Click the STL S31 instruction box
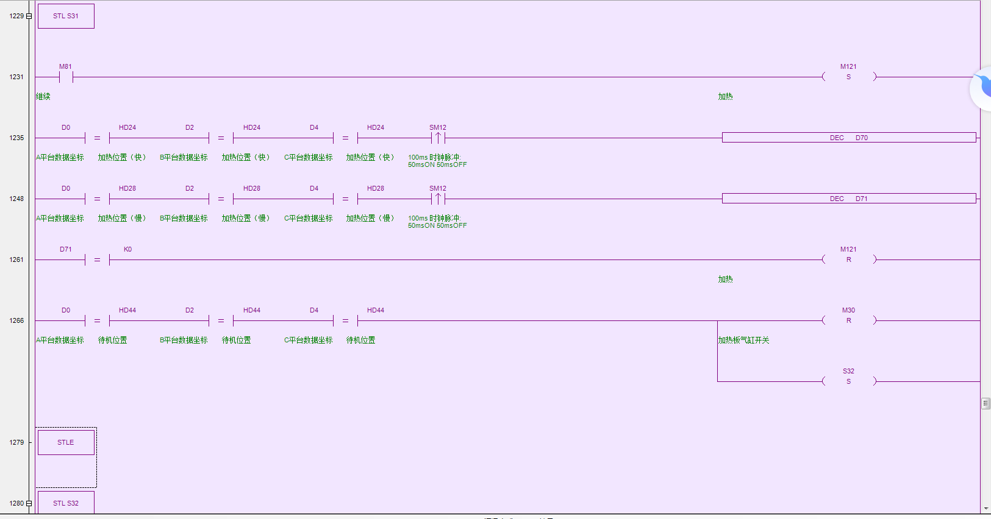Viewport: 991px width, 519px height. click(66, 16)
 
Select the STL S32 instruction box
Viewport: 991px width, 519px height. click(66, 503)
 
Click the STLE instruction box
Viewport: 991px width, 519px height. click(66, 442)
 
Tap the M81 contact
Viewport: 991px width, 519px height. click(66, 77)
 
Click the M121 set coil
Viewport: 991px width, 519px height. click(848, 77)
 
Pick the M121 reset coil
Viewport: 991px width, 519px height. click(848, 259)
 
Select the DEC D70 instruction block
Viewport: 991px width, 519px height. click(848, 138)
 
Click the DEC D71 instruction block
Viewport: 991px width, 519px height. click(848, 199)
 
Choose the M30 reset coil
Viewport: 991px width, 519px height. click(848, 320)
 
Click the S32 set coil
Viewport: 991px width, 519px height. click(848, 381)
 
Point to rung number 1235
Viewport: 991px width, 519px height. click(16, 138)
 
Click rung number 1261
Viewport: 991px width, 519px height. click(16, 259)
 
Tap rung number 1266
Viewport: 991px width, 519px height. click(16, 320)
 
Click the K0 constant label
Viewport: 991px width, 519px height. click(127, 249)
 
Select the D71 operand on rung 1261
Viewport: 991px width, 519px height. click(66, 249)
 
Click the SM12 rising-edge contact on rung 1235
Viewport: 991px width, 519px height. click(438, 138)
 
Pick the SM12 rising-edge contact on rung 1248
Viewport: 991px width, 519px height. click(438, 199)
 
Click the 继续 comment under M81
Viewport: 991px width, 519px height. click(43, 96)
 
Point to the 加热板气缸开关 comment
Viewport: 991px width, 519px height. click(743, 340)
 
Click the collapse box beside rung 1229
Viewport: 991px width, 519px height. click(29, 16)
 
